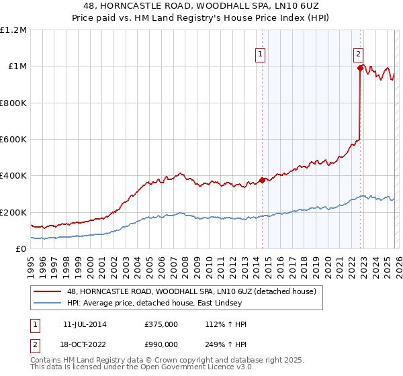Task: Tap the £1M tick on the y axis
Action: coord(18,66)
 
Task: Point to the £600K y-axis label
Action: coord(15,140)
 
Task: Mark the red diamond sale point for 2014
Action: coord(261,180)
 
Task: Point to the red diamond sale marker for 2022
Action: coord(361,68)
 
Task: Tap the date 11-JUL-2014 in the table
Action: coord(86,324)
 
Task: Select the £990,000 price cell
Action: coord(161,346)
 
